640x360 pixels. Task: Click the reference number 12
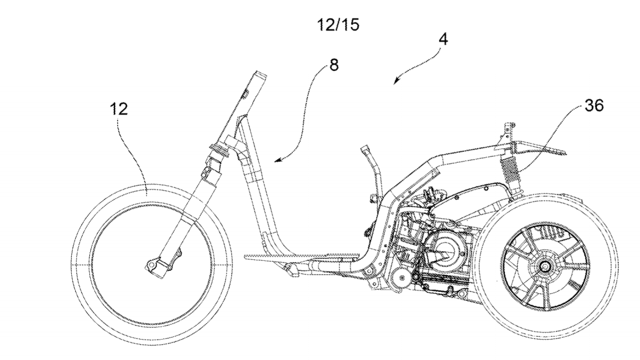119,109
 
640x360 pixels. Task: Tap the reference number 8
334,65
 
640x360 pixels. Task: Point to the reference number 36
594,106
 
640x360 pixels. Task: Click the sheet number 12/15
338,25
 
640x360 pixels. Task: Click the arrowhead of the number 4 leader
395,83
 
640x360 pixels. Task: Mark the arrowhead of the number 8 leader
277,161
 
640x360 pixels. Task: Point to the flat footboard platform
302,257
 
